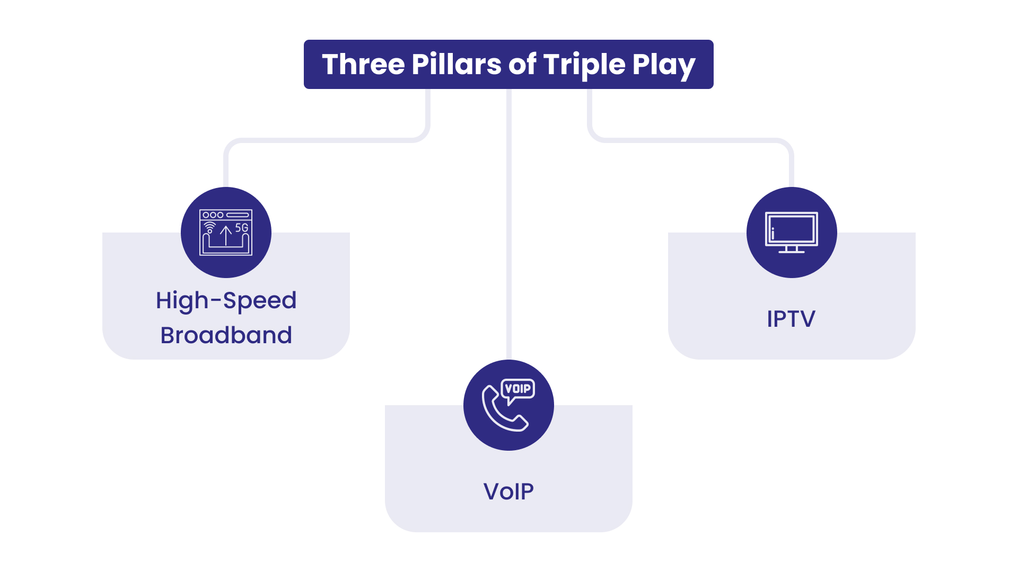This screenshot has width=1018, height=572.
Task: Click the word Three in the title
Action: pos(363,65)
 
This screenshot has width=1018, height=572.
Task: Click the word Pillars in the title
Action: pos(456,65)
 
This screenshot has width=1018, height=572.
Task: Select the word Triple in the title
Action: pos(584,65)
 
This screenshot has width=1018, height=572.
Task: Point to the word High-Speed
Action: pos(226,301)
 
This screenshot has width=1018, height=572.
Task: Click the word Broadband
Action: pos(226,335)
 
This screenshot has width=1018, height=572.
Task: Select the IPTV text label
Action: pos(791,319)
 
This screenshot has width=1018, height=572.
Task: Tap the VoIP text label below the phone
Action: pos(508,491)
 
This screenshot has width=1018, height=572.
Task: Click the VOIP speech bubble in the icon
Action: pos(518,389)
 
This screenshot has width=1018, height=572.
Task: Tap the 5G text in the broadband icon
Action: pos(242,228)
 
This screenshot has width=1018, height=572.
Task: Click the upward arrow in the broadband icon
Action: pos(226,235)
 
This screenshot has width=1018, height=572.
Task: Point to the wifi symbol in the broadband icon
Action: pos(210,227)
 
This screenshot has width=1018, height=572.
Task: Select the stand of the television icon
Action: pos(791,249)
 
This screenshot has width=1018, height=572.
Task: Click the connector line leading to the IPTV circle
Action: pos(689,140)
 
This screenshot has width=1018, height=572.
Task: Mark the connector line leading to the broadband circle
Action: pos(329,140)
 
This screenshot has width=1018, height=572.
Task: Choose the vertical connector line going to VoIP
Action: pos(508,222)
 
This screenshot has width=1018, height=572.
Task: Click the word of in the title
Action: pos(522,65)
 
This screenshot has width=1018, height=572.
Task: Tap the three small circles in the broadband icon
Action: pos(213,215)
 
